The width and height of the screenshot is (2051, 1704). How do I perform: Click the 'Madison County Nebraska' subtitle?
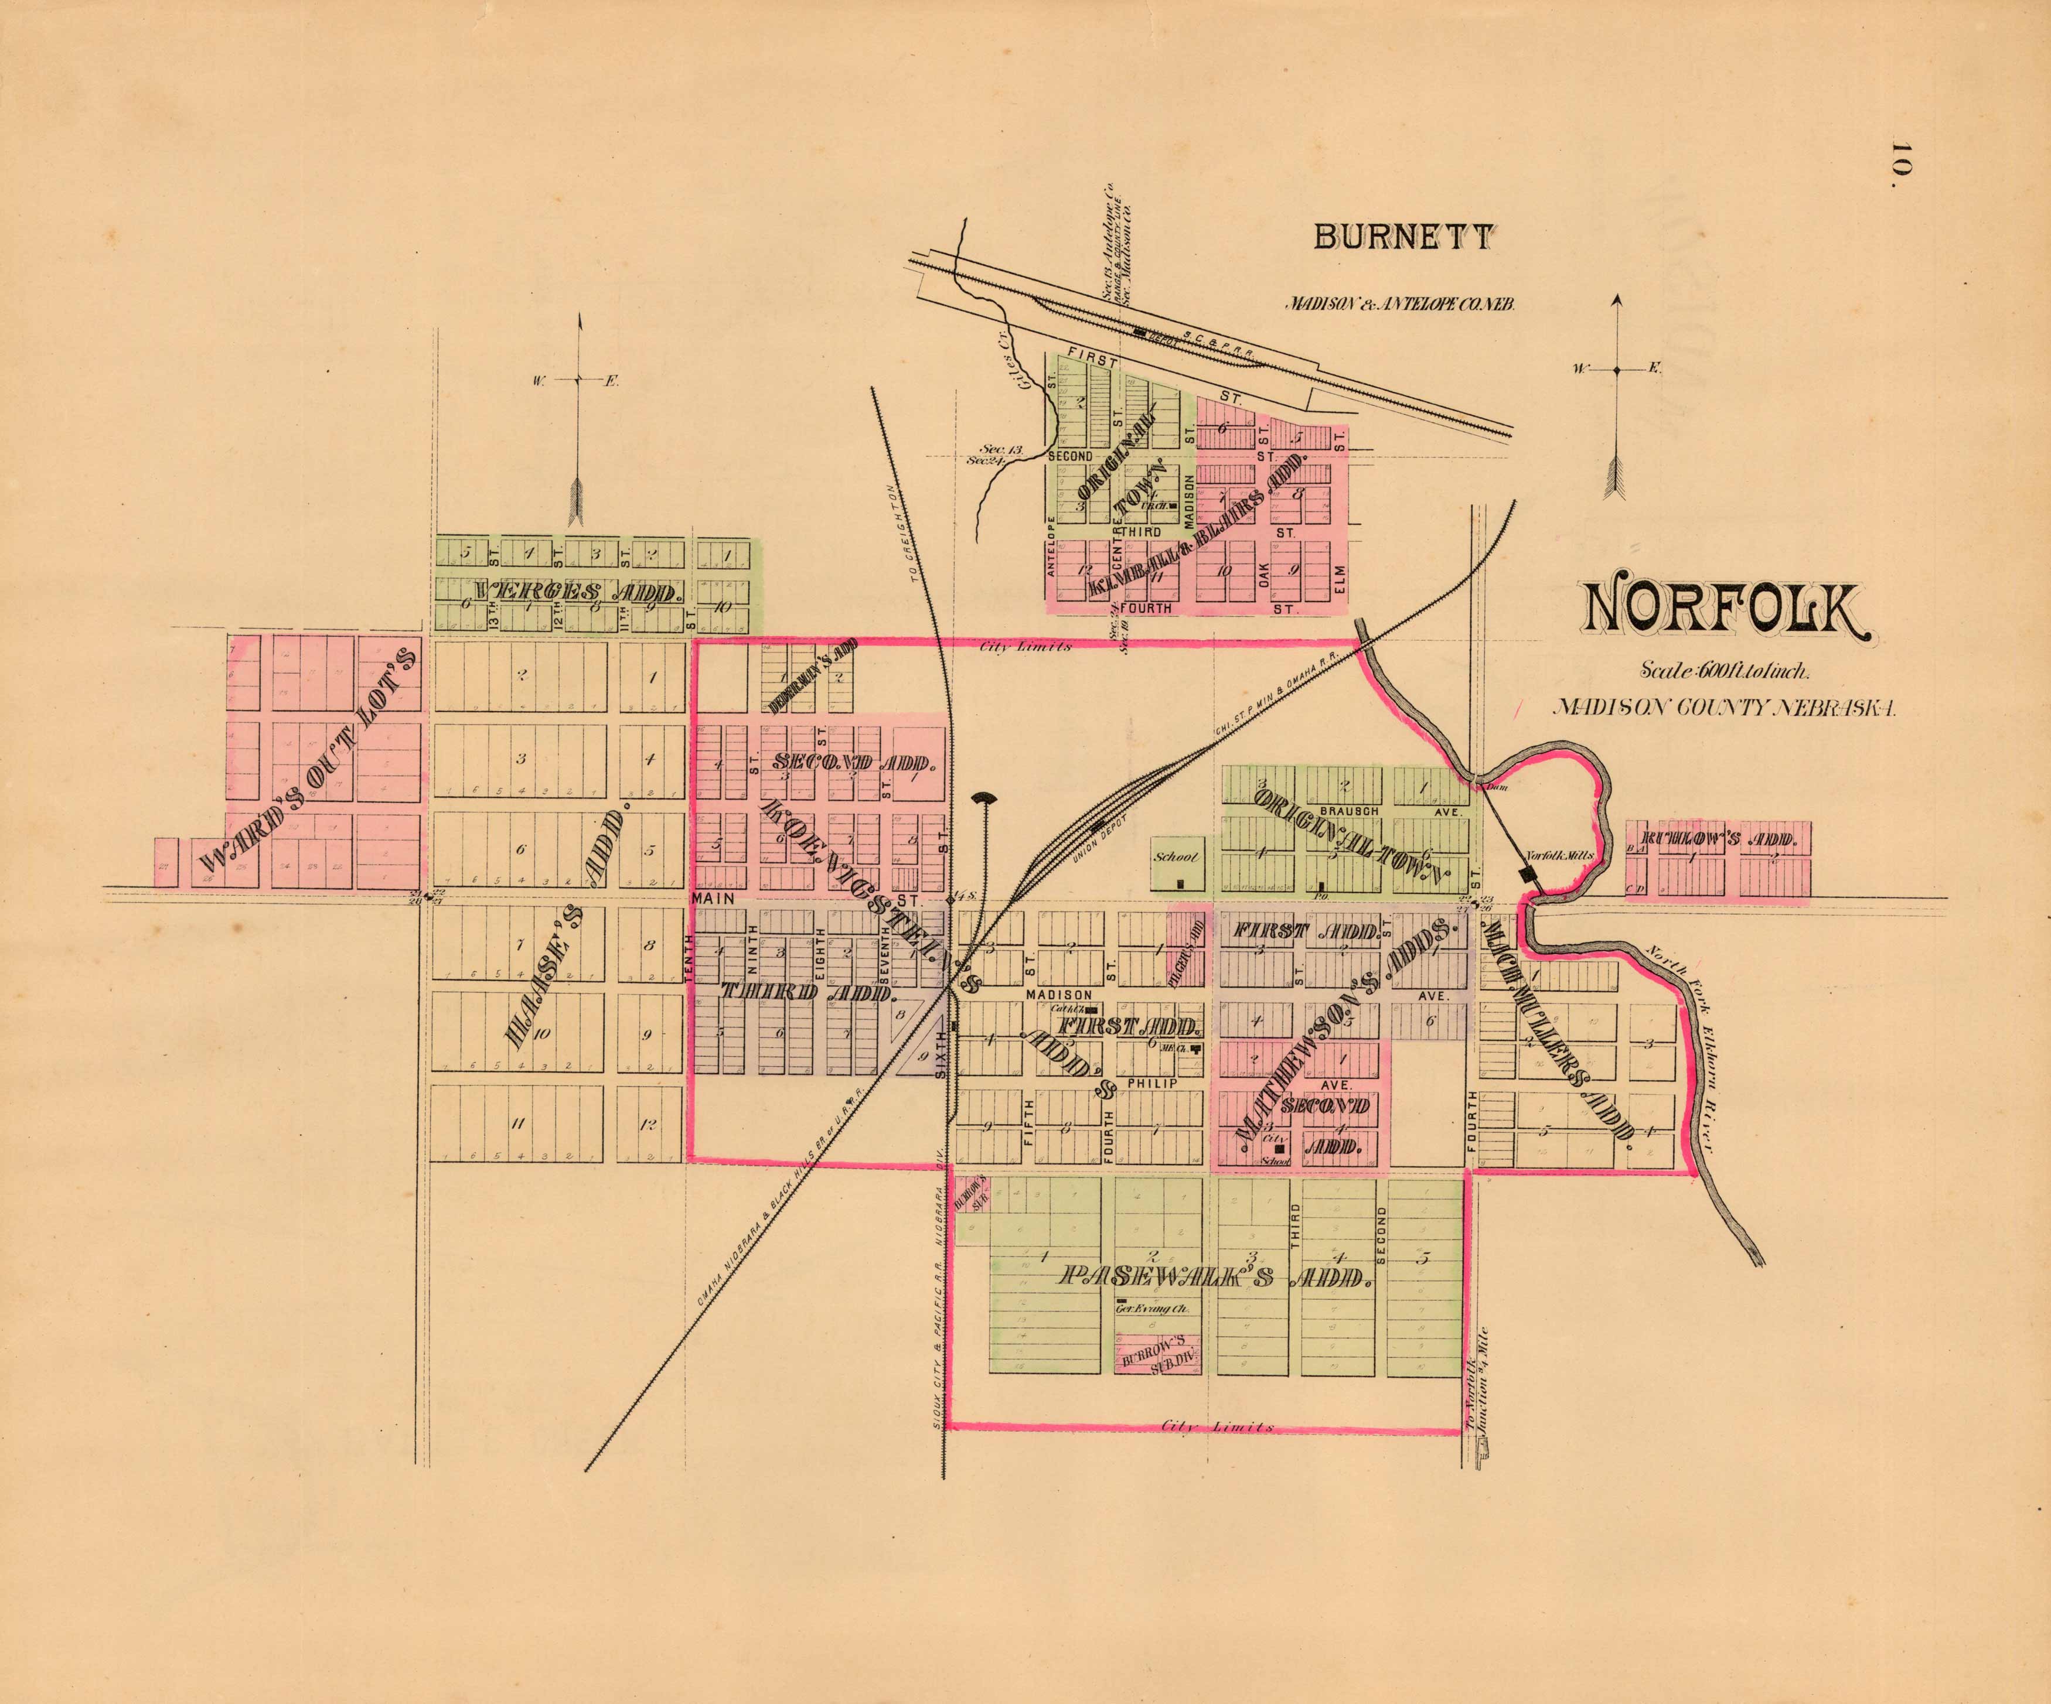tap(1725, 708)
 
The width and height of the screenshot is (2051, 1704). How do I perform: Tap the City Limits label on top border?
tap(1025, 647)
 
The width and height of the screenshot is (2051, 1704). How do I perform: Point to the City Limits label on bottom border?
tap(1217, 1427)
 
